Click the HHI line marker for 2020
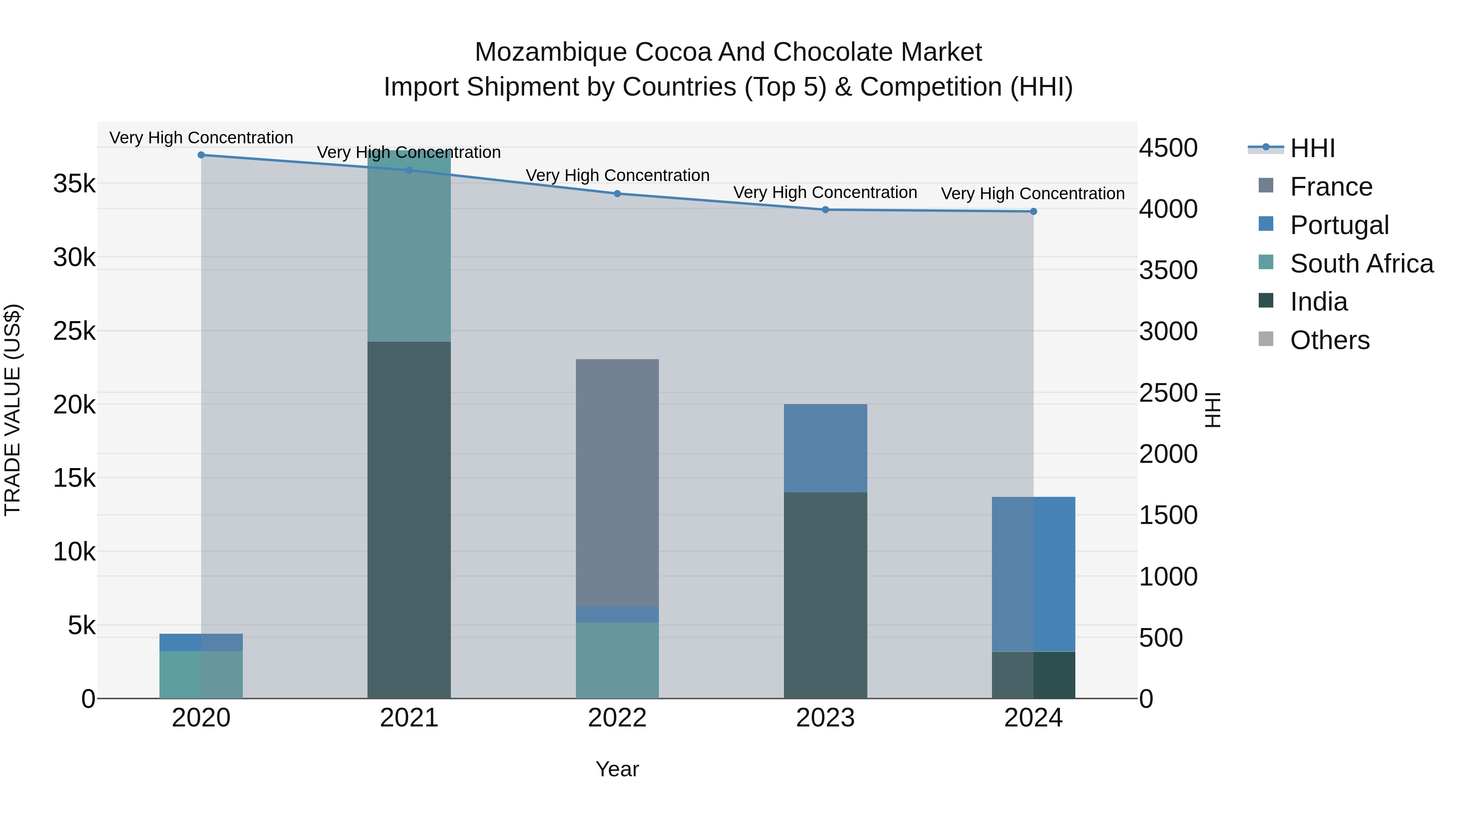[x=202, y=155]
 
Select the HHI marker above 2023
[x=825, y=210]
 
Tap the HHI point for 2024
[x=1033, y=212]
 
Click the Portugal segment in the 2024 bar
[x=1033, y=574]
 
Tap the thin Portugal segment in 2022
[x=617, y=614]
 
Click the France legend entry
[x=1331, y=187]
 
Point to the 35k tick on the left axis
[x=74, y=184]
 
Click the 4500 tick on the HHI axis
[x=1168, y=148]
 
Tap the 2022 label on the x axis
[x=617, y=718]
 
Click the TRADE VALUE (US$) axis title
[x=13, y=410]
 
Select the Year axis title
[x=617, y=769]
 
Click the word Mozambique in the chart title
[x=551, y=52]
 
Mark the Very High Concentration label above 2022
[x=617, y=175]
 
